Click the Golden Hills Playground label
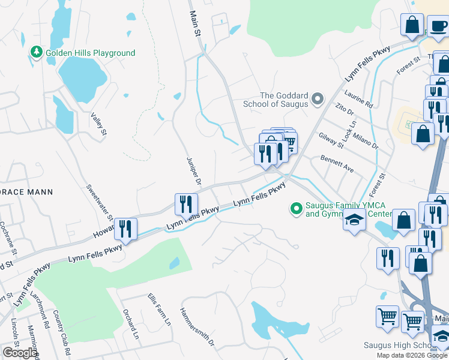click(x=91, y=53)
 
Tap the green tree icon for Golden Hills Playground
click(x=37, y=53)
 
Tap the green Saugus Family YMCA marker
click(x=295, y=208)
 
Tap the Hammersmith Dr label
click(x=196, y=327)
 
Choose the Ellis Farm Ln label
click(x=159, y=310)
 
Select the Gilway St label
click(x=331, y=140)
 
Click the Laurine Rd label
click(x=359, y=98)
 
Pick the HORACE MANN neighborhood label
click(x=26, y=192)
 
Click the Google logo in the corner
click(x=20, y=353)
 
